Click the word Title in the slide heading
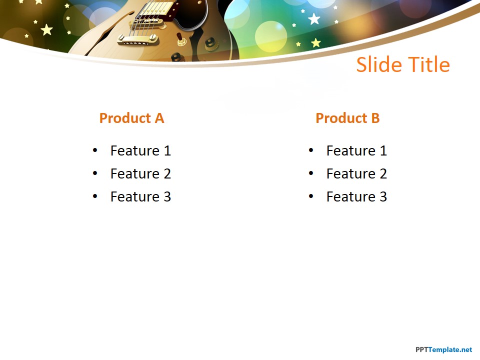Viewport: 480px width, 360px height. pos(428,65)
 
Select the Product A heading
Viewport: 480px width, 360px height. pos(131,118)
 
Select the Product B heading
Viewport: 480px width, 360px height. pos(347,118)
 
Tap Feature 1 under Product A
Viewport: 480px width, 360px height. pos(140,150)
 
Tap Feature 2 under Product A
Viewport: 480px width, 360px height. pos(140,173)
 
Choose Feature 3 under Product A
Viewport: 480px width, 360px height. pos(140,196)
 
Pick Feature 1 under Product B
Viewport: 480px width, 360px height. pos(356,150)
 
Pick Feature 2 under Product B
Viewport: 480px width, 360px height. pos(356,173)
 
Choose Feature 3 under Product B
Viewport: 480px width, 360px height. pos(356,196)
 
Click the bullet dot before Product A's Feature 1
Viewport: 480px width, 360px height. pos(95,150)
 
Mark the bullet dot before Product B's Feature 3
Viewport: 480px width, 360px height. pos(311,196)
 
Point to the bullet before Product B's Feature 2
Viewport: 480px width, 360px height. pos(311,173)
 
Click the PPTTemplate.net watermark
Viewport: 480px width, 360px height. pos(443,349)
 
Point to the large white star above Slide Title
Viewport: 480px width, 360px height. pos(314,19)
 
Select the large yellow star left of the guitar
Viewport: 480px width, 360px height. pos(46,30)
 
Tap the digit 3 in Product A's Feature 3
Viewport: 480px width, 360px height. pos(166,196)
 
